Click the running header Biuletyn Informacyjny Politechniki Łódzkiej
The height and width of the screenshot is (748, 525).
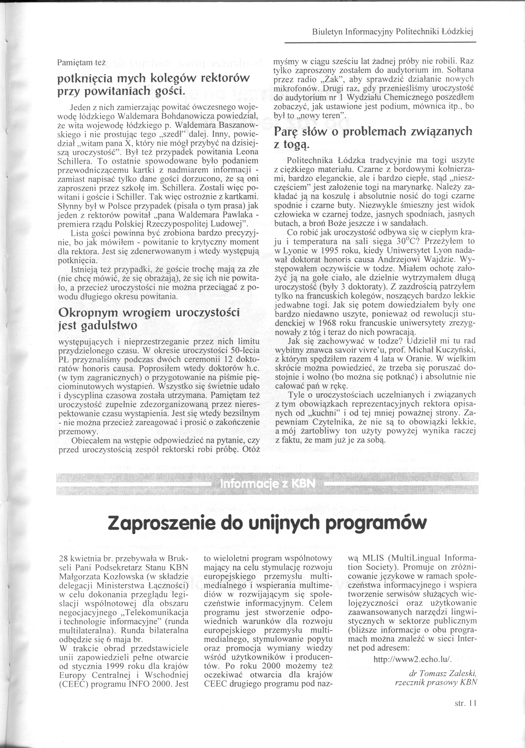point(392,32)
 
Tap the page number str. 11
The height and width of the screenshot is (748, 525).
point(465,718)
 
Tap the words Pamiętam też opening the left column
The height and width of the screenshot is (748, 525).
point(81,62)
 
